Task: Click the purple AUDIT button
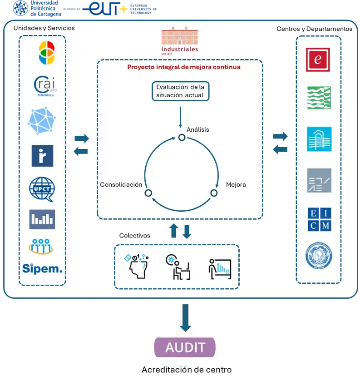[x=185, y=347]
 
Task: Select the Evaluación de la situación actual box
[x=180, y=91]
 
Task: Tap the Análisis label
[x=197, y=129]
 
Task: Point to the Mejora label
[x=236, y=185]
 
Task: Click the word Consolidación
[x=121, y=185]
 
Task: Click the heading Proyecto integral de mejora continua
[x=183, y=67]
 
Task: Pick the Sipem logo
[x=42, y=268]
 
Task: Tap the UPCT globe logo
[x=42, y=189]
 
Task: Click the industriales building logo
[x=179, y=42]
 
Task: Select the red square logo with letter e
[x=318, y=59]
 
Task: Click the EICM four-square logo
[x=319, y=219]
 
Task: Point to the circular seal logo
[x=318, y=257]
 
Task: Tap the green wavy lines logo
[x=319, y=98]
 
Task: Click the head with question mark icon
[x=137, y=266]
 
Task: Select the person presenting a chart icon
[x=219, y=268]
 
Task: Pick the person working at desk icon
[x=178, y=267]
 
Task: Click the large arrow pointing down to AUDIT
[x=185, y=317]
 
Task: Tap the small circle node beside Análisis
[x=182, y=137]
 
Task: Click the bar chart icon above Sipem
[x=42, y=219]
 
